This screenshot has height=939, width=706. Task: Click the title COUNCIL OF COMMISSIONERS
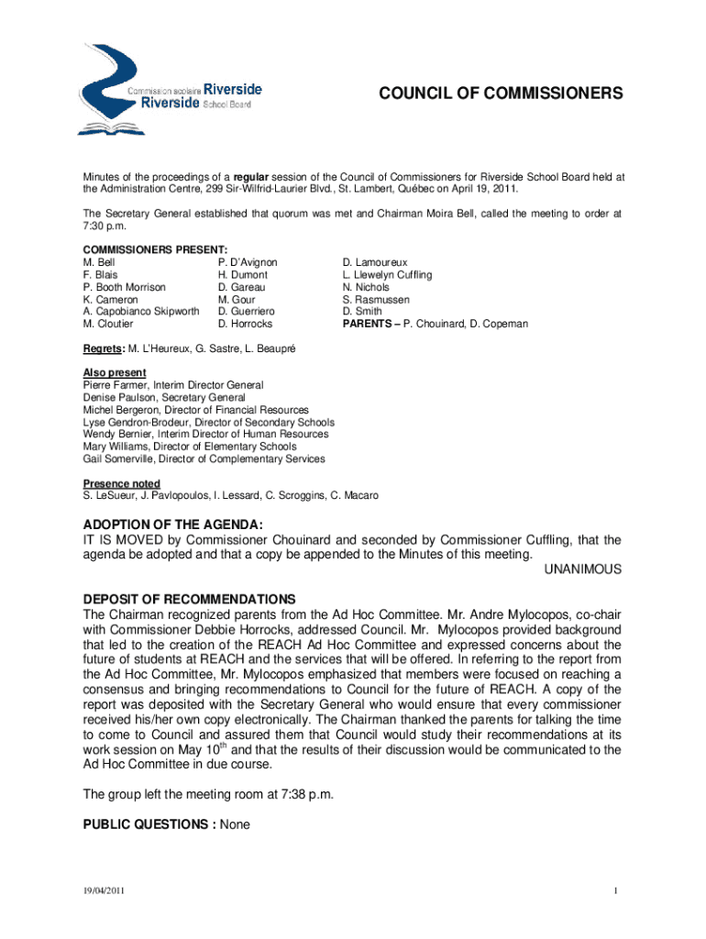(x=502, y=94)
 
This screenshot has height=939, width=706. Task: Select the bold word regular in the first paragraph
(x=251, y=176)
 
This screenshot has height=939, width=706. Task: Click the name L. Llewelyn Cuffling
(x=387, y=275)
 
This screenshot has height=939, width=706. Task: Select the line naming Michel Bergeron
(x=195, y=410)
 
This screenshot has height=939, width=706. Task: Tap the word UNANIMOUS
(x=583, y=569)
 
